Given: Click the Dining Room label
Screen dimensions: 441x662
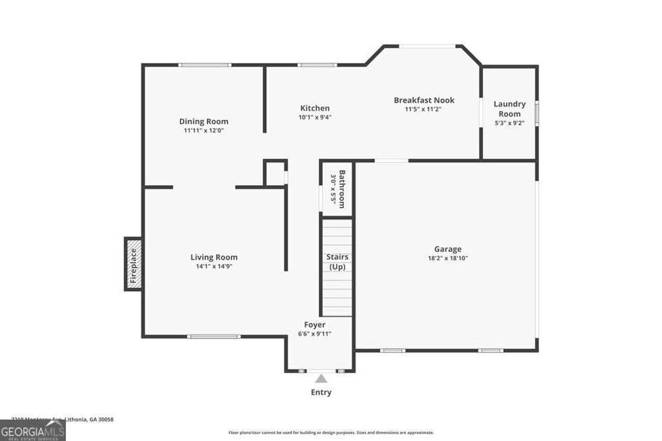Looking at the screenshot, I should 204,121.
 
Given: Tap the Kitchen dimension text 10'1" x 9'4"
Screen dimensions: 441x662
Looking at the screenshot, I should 315,118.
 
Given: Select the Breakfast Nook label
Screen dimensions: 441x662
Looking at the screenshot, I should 424,100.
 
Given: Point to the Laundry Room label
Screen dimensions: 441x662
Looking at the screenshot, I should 509,108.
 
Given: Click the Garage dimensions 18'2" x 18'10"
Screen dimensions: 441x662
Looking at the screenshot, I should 447,258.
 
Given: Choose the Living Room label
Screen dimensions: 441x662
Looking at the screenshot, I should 214,257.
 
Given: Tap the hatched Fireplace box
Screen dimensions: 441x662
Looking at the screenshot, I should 133,264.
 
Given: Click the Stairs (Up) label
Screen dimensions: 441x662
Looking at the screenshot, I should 337,262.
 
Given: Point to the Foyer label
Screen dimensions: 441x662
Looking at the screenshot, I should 315,325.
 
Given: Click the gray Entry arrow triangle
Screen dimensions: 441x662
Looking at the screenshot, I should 321,379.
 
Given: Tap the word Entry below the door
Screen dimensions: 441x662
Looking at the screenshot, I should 321,393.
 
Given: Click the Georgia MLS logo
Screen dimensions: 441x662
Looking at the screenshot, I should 32,430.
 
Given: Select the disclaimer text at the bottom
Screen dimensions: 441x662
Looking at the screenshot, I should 331,433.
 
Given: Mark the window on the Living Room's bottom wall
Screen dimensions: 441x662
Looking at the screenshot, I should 214,336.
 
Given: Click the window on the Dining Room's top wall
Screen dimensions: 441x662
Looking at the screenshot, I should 205,65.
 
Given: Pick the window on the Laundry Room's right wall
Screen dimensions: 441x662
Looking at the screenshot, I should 537,113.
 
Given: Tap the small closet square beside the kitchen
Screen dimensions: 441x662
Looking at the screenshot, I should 275,174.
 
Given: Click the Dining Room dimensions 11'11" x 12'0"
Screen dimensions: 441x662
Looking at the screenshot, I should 204,130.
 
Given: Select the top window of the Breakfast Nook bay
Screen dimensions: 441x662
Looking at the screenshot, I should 427,46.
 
